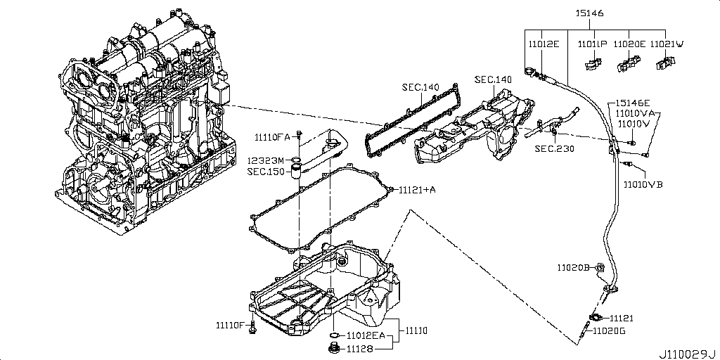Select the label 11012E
coord(544,44)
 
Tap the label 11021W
coord(667,44)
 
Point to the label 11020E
coord(629,44)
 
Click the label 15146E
coord(631,103)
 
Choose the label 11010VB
coord(643,184)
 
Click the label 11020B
coord(573,267)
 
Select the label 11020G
coord(610,330)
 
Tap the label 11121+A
coord(418,190)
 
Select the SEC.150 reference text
coord(265,171)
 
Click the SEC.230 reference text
coord(553,148)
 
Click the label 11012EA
coord(364,336)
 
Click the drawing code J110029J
coord(686,352)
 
